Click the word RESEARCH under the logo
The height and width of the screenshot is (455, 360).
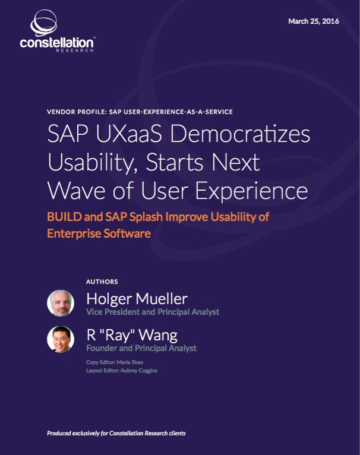click(75, 51)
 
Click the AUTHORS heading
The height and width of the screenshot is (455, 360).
click(102, 282)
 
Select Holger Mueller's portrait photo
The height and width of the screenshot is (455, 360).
click(61, 303)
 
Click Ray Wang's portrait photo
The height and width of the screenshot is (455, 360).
click(61, 339)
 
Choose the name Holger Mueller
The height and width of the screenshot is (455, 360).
click(137, 298)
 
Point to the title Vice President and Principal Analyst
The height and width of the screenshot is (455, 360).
click(153, 312)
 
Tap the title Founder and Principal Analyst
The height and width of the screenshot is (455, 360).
click(141, 348)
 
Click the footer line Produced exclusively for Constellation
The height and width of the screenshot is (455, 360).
click(116, 434)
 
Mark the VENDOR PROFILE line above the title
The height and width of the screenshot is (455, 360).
click(139, 112)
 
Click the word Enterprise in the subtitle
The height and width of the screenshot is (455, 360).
click(74, 233)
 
